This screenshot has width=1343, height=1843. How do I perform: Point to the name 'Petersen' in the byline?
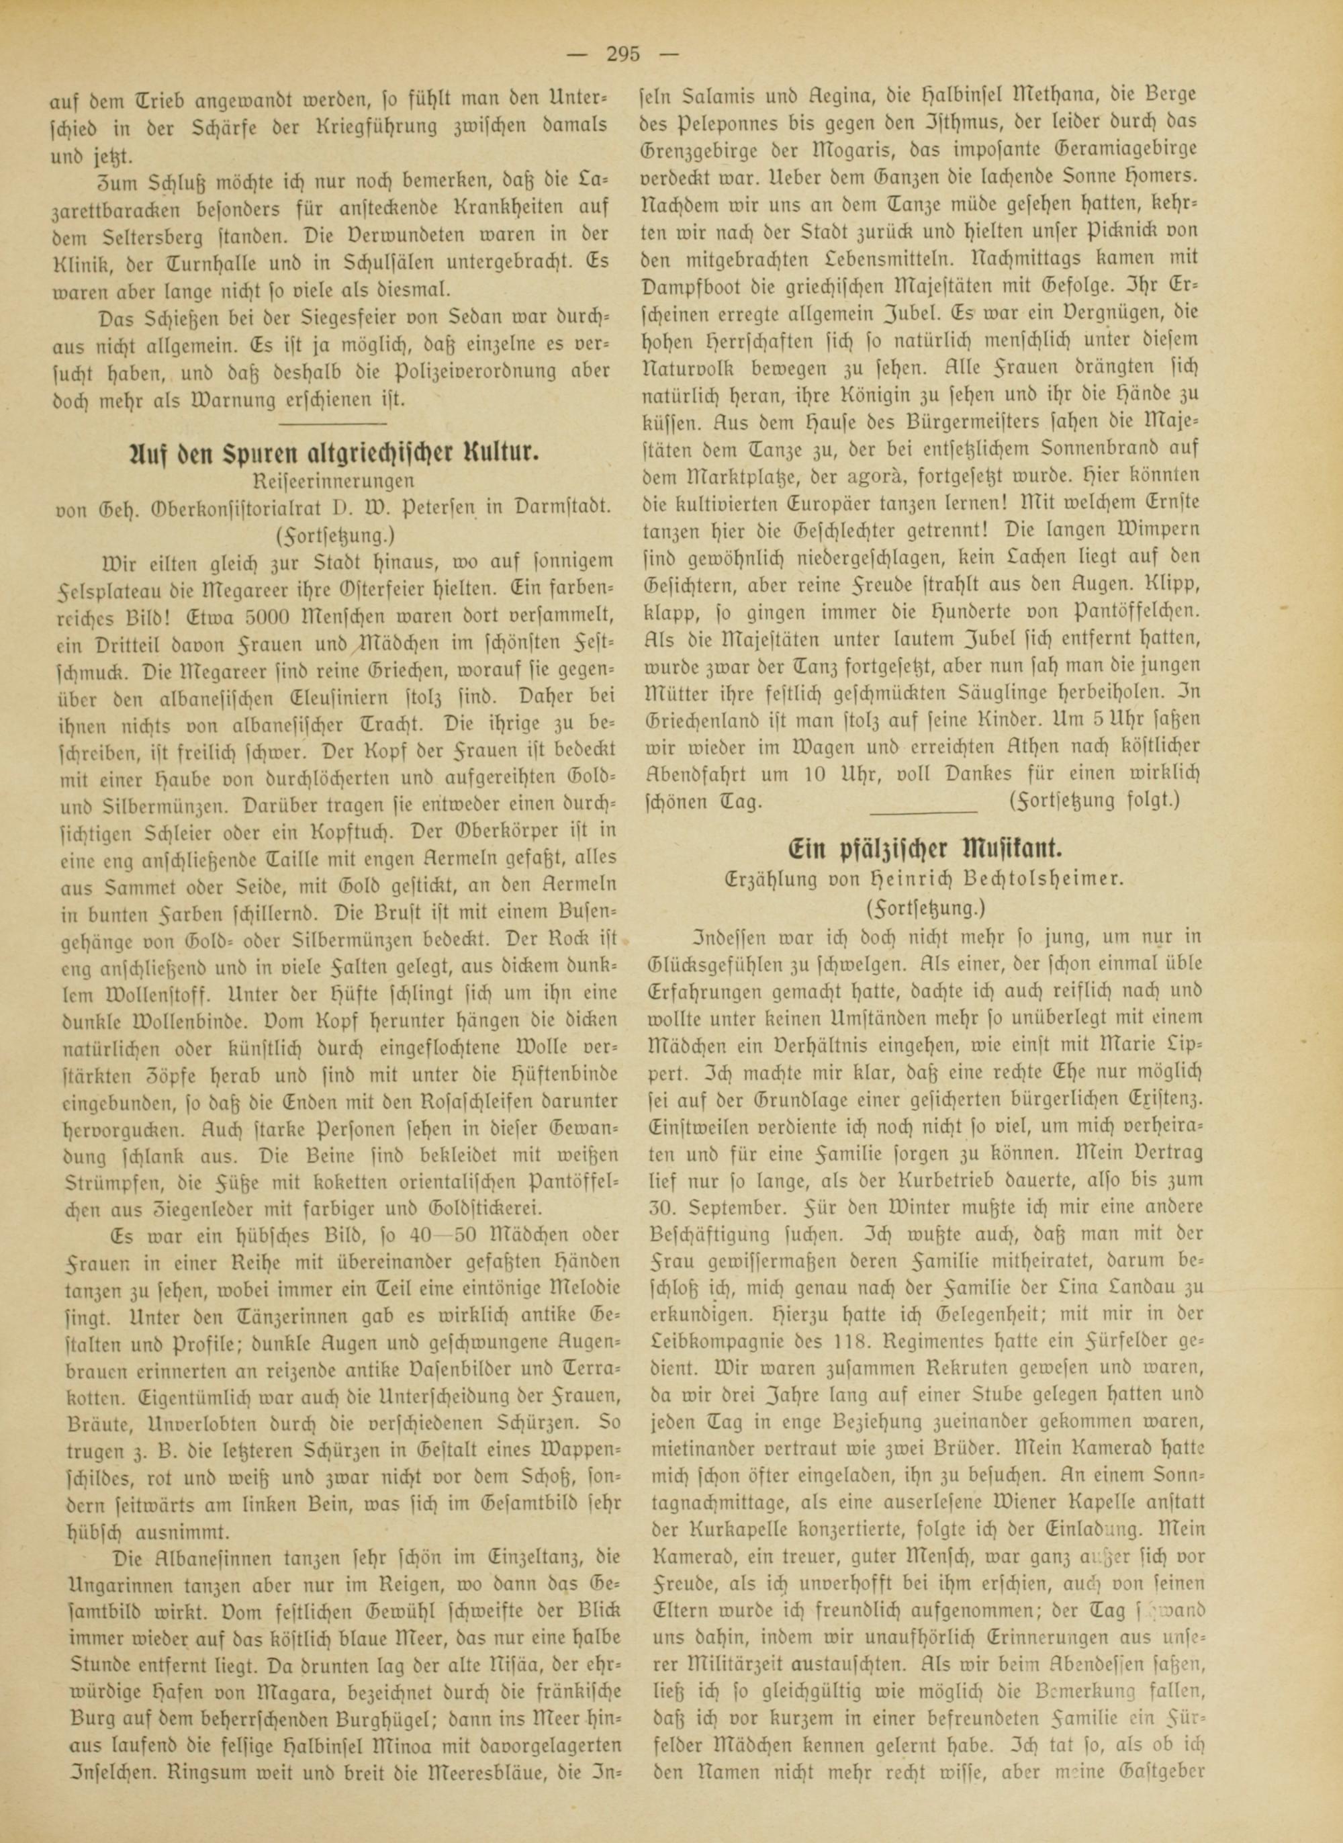(x=416, y=506)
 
